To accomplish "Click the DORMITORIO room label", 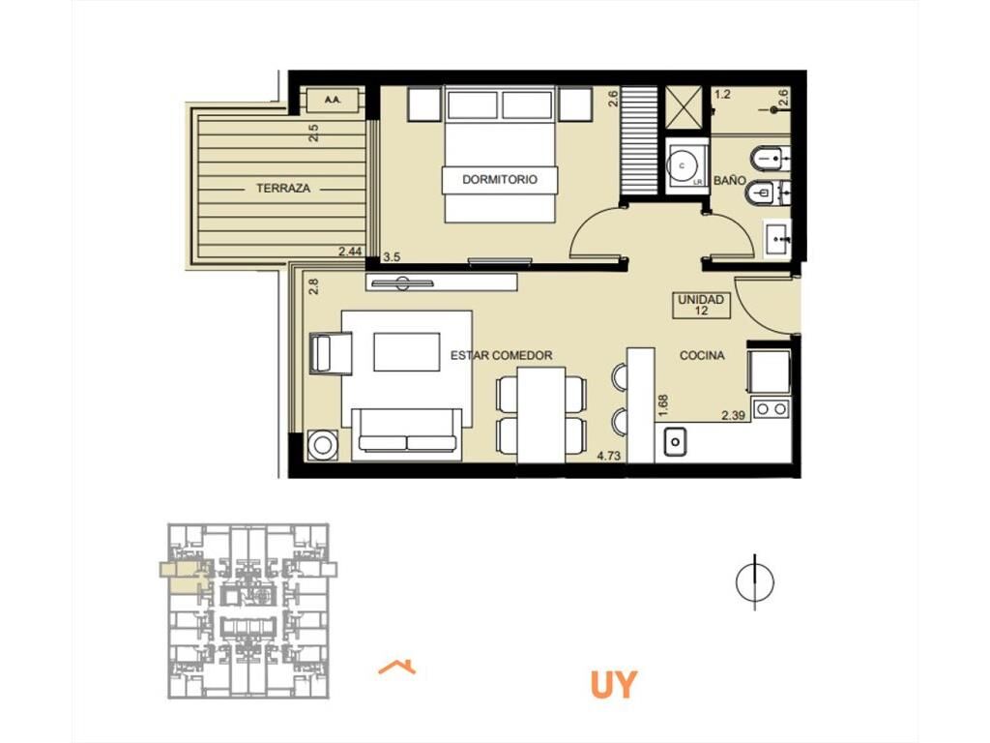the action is pos(500,179).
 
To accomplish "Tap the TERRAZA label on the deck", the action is pos(283,189).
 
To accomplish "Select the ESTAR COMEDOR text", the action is pos(502,356).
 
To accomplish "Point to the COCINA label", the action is pos(702,356).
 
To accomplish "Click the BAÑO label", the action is pos(729,181).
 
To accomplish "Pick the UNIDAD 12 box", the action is pos(701,305).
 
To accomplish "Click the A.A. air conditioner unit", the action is pos(332,100).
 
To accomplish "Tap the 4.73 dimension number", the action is pos(608,455).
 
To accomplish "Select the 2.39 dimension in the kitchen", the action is pos(734,415).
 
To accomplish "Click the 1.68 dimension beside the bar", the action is pos(663,405).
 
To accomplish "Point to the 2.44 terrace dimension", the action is pos(350,252).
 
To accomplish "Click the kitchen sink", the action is pos(675,441).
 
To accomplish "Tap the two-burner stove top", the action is pos(772,409).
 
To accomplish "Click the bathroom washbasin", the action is pos(778,239).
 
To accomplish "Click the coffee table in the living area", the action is pos(407,352).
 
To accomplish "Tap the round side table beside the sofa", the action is pos(323,444).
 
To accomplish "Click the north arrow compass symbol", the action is pos(755,581).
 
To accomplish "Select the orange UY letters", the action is pos(614,685).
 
